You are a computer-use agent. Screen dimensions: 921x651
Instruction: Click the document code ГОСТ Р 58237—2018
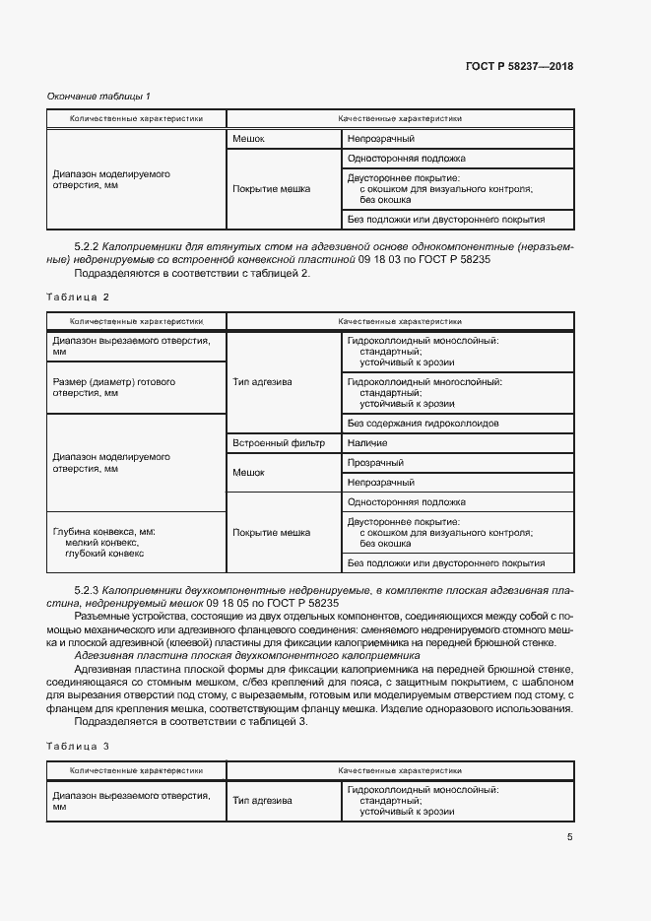tap(519, 67)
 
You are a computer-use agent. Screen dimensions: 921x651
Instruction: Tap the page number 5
tap(569, 838)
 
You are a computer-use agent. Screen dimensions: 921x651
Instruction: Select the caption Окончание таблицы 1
tap(98, 96)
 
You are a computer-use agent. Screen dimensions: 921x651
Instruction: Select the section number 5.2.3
tap(88, 588)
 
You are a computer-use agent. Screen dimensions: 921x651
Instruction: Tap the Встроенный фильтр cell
tap(272, 443)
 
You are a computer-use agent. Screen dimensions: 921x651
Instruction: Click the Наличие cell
tap(367, 443)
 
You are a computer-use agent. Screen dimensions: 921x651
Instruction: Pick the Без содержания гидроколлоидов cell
tap(423, 423)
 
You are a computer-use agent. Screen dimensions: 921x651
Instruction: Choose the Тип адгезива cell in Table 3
tap(262, 801)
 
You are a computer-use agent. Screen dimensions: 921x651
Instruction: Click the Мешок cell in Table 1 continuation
tap(249, 139)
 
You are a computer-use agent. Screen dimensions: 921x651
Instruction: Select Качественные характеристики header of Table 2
tap(400, 320)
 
